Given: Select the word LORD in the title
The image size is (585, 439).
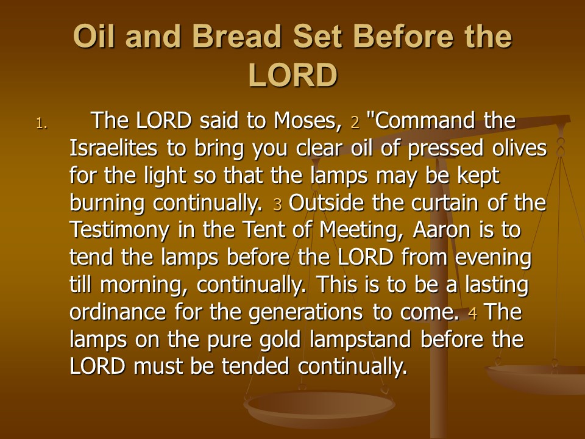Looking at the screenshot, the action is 292,74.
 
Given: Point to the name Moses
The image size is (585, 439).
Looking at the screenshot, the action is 307,121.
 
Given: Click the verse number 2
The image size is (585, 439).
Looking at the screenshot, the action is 355,123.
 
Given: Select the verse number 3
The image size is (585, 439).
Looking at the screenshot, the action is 277,205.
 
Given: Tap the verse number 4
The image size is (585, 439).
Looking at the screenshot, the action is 472,313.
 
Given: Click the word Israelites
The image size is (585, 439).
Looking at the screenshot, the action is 113,148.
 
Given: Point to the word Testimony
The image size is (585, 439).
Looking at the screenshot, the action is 119,230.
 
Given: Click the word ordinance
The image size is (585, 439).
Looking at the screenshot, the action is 118,312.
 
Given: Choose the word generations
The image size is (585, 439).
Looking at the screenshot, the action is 305,313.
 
